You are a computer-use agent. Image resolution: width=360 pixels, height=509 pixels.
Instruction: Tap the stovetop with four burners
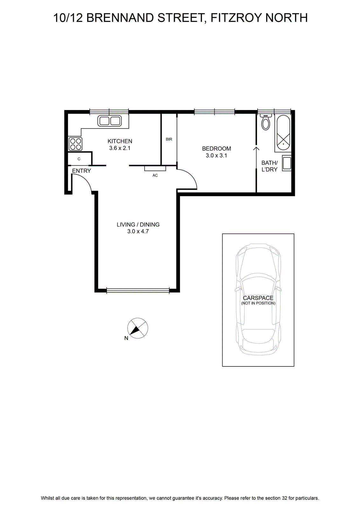coord(75,144)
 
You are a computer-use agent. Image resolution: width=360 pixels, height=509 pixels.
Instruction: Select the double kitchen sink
coord(109,121)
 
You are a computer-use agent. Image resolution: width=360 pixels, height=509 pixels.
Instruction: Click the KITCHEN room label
coord(120,141)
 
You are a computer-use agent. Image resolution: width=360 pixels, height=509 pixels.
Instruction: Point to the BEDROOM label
coord(217,149)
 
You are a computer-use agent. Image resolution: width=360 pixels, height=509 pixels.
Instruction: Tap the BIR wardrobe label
coord(169,139)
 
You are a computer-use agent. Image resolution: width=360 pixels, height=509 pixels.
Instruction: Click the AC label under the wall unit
coord(155,175)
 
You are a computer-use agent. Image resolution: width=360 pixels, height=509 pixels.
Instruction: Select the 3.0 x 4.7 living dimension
coord(138,231)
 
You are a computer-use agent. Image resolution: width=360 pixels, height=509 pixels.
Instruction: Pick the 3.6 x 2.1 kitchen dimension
coord(120,148)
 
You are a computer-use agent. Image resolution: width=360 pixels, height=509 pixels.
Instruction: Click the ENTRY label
coord(81,171)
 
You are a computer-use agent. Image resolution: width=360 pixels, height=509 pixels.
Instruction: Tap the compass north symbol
coord(138,328)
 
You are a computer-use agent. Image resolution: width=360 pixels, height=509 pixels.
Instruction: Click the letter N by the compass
coord(126,338)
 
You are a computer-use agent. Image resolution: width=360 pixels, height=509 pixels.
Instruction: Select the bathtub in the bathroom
coord(283,133)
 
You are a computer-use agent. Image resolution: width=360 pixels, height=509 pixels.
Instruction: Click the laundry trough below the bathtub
coord(287,163)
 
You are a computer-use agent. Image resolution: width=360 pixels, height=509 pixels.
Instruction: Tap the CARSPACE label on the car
coord(258,298)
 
